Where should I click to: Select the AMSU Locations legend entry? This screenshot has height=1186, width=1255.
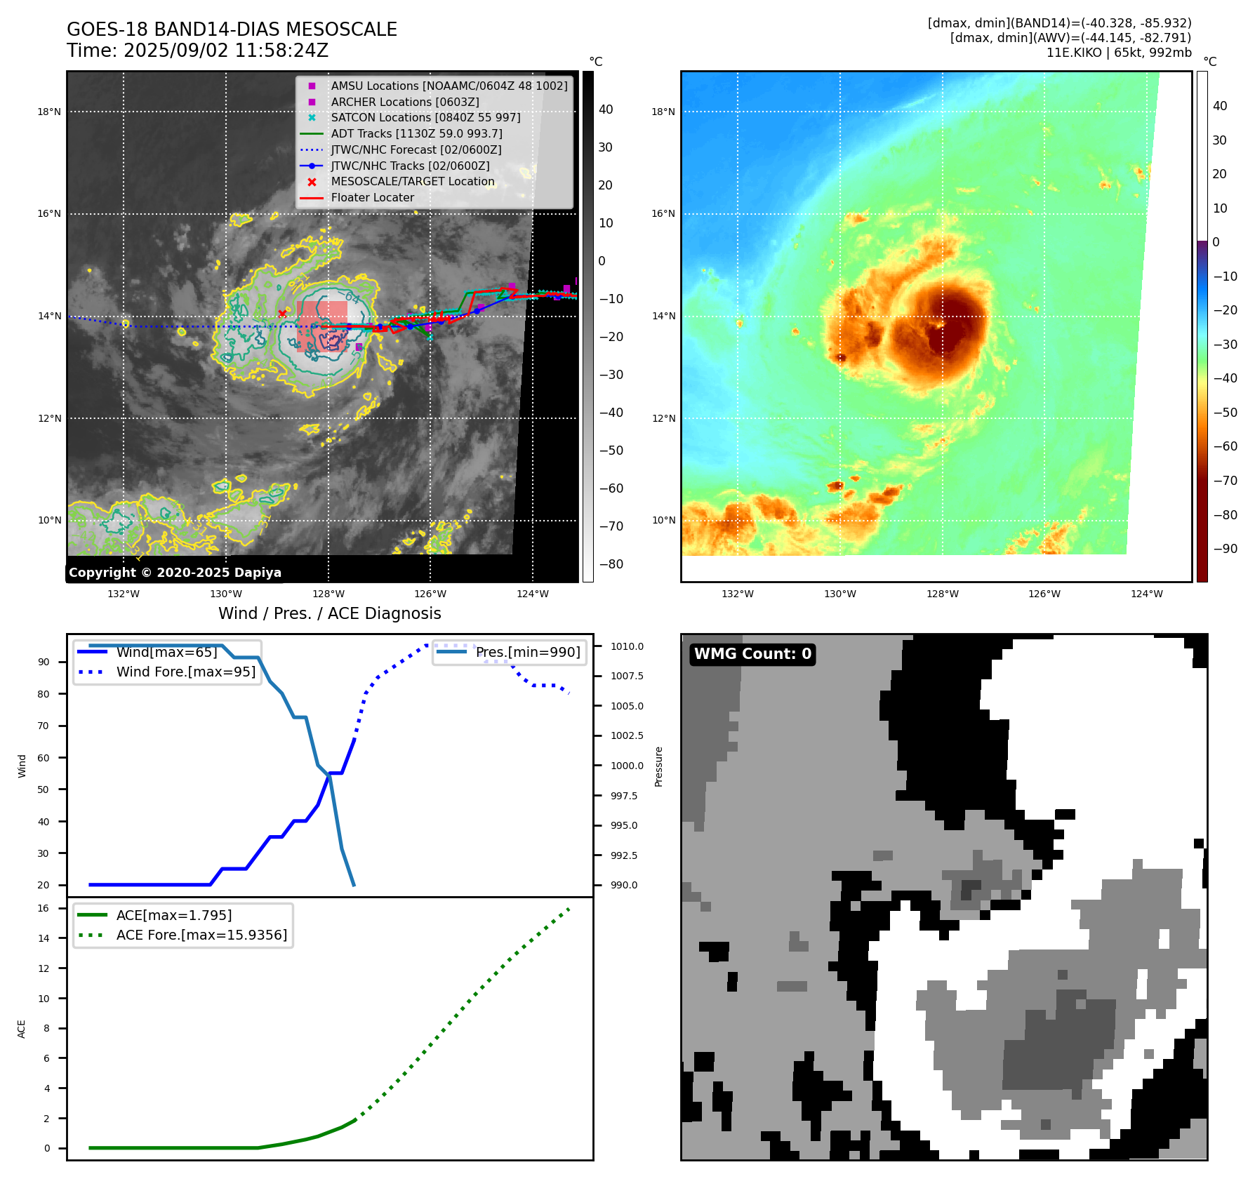449,86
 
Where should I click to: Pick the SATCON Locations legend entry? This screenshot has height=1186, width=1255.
425,118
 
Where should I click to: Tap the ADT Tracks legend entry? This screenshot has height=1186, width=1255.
416,133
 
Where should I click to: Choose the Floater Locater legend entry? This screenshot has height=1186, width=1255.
372,198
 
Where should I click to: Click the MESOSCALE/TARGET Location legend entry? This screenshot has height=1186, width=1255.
412,182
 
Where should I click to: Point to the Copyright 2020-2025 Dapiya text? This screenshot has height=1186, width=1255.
175,573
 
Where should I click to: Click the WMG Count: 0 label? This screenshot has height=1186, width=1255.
752,654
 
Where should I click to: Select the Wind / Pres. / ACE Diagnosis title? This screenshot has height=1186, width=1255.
330,613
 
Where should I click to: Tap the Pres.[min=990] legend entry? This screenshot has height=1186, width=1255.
527,652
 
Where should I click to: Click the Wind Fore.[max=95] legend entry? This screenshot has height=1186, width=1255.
185,672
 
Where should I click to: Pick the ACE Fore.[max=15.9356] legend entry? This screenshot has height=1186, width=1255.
201,935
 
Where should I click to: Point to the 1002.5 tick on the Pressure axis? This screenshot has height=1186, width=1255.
627,735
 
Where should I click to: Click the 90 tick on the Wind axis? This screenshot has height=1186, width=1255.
44,662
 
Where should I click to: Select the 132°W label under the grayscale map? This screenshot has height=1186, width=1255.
124,594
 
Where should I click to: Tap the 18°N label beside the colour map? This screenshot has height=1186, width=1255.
663,112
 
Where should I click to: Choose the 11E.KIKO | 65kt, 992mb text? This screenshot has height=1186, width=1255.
1119,53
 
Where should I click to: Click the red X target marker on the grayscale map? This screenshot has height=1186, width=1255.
282,314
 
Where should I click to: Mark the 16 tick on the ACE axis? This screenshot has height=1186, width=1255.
44,908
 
